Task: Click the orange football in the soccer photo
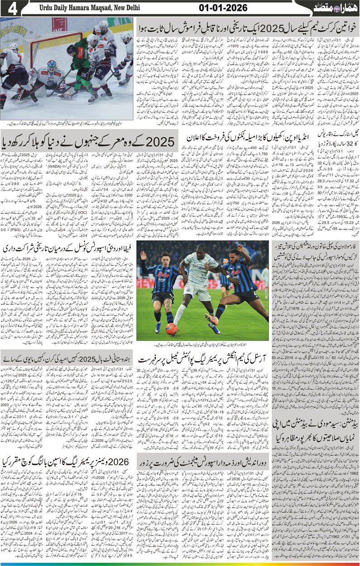pos(171,329)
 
